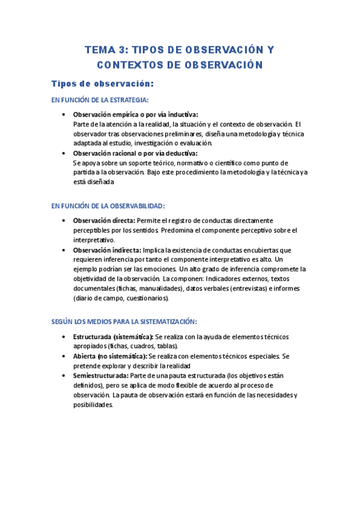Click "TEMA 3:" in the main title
pyautogui.click(x=105, y=50)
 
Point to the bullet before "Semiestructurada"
pyautogui.click(x=64, y=375)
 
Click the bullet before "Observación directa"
pyautogui.click(x=64, y=221)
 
